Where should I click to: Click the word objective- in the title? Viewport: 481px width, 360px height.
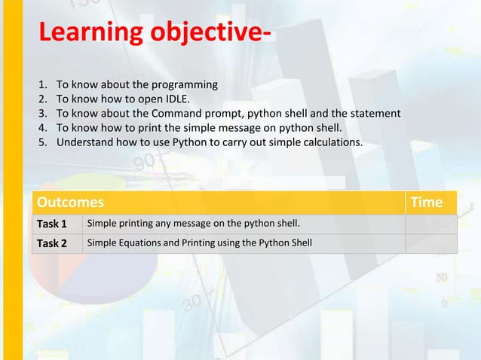(x=211, y=34)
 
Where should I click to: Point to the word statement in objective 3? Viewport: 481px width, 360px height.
(x=374, y=114)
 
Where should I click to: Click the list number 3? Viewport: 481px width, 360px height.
(x=42, y=114)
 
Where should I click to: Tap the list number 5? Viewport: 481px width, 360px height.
(x=42, y=142)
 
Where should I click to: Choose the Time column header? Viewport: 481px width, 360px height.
(x=426, y=203)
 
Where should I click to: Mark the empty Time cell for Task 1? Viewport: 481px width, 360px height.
(x=430, y=224)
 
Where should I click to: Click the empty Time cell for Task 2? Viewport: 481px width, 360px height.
(x=430, y=243)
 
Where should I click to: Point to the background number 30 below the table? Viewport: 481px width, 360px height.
(x=191, y=304)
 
